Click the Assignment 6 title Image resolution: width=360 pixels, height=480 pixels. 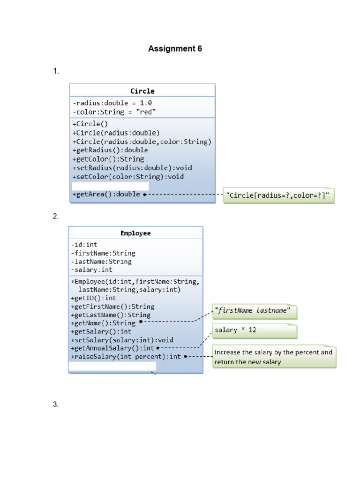coord(175,49)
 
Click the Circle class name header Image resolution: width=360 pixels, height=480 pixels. coord(142,91)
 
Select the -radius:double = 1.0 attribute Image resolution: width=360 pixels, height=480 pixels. coord(112,103)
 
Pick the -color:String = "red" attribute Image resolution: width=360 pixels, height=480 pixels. coord(114,112)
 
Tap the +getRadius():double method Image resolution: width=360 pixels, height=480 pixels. coord(110,150)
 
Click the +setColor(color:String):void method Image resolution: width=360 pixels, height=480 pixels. coord(128,177)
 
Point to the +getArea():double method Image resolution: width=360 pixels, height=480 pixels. coord(106,194)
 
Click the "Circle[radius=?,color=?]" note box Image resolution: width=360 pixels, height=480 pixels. coord(278,195)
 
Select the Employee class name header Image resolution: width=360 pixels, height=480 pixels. coord(135,233)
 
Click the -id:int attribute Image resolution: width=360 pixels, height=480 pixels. coord(84,245)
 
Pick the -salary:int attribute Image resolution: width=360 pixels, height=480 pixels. coord(91,270)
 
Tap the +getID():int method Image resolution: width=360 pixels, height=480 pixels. coord(93,298)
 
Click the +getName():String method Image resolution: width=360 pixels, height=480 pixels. coord(103,323)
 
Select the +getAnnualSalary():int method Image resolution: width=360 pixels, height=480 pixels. coord(112,348)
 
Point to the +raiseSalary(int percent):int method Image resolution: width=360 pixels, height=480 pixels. coord(126,357)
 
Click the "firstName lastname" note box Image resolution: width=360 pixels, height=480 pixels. coord(255,312)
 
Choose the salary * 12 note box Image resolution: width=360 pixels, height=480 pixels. coord(255,331)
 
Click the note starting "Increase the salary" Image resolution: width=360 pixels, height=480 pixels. coord(274,357)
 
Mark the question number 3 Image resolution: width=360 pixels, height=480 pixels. coord(55,405)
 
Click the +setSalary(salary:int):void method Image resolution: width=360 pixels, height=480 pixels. coord(122,340)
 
